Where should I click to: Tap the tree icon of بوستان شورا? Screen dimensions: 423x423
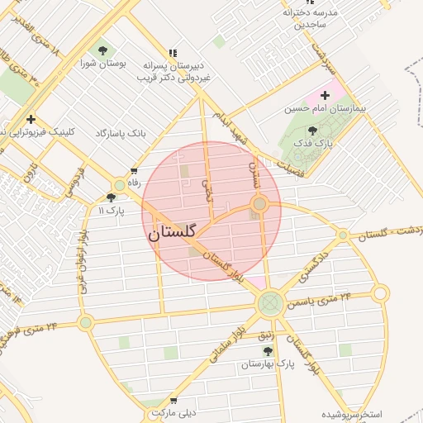102,50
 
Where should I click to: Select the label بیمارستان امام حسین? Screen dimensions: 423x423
325,108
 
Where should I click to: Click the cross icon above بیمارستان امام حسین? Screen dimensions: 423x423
325,95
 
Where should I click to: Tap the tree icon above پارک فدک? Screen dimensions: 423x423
312,130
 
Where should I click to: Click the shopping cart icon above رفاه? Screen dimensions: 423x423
134,172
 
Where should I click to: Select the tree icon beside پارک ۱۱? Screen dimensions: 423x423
112,197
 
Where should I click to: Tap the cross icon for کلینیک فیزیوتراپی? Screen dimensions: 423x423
31,118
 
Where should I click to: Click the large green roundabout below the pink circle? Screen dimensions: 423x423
269,305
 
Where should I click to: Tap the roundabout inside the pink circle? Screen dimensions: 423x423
259,203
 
